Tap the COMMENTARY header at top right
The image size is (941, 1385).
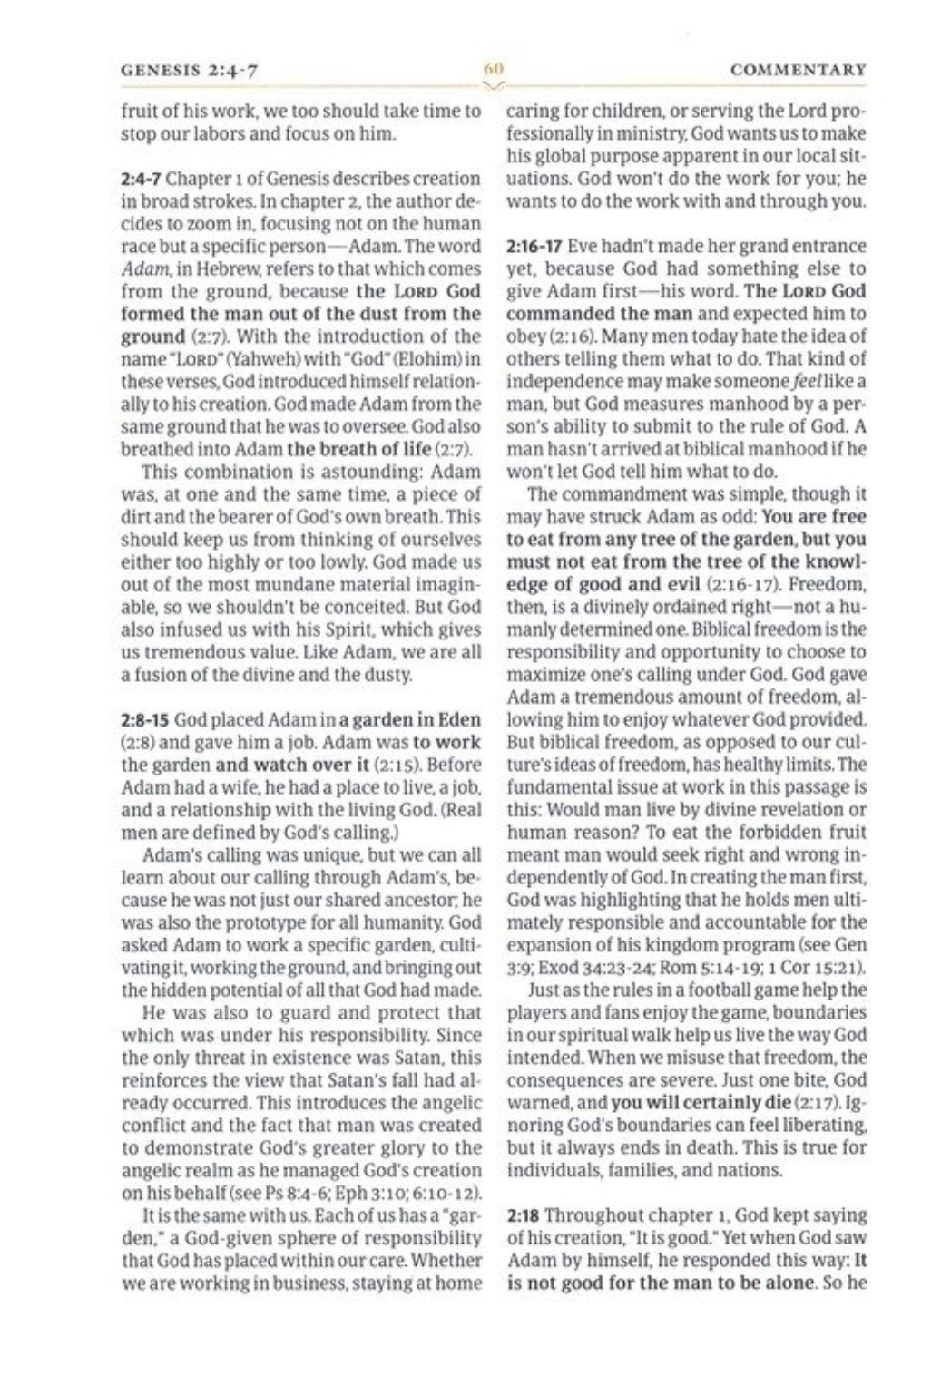[x=798, y=70]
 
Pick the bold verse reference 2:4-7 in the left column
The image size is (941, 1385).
[x=141, y=179]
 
